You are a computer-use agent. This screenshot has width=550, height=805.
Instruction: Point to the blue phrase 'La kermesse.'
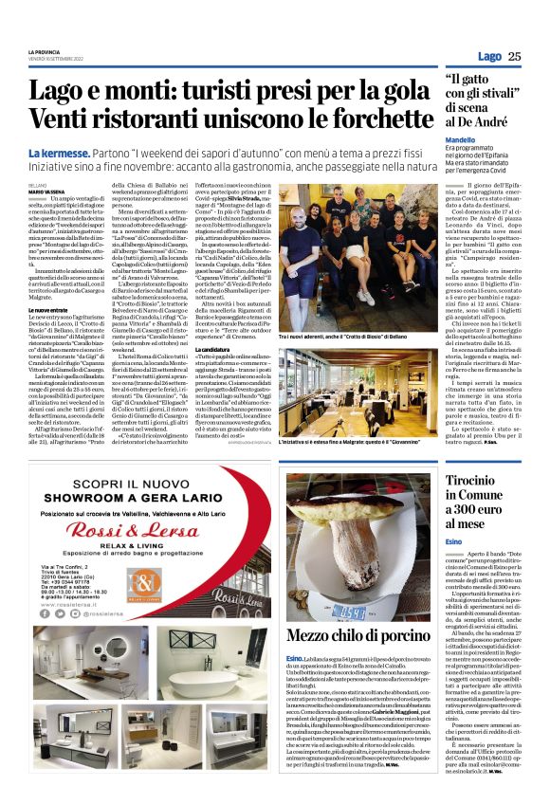(x=59, y=154)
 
